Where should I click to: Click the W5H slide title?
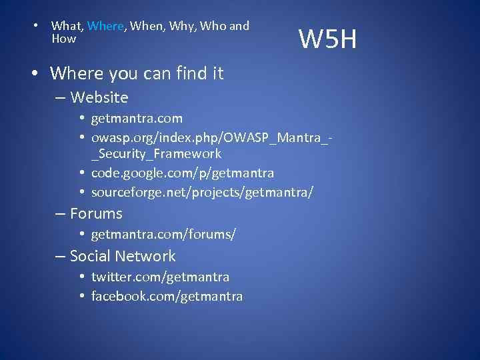[x=327, y=40]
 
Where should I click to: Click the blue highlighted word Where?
[x=105, y=26]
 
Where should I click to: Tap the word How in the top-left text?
[x=63, y=39]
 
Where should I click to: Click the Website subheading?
[x=99, y=97]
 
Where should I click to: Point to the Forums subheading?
[x=96, y=213]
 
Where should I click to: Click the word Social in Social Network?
[x=90, y=256]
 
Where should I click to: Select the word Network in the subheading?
[x=145, y=256]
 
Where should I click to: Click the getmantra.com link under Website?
[x=137, y=119]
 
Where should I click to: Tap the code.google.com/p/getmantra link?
[x=182, y=173]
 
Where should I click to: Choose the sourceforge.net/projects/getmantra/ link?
[x=202, y=193]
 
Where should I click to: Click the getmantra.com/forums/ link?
[x=163, y=235]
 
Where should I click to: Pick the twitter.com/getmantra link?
[x=160, y=277]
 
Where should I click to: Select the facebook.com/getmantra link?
[x=167, y=296]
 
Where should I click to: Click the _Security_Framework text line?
[x=156, y=153]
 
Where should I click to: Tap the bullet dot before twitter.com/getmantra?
[x=80, y=277]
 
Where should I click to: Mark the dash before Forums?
[x=59, y=213]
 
